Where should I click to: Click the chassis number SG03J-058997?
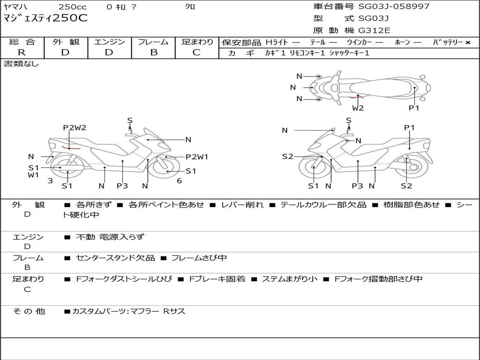(394, 7)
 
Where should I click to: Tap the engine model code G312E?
(374, 30)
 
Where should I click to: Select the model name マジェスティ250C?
(45, 19)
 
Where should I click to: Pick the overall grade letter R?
(22, 52)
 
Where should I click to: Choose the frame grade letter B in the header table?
(153, 52)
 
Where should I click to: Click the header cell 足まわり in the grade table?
(197, 42)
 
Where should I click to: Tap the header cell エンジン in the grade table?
(109, 42)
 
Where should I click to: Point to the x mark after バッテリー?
(467, 43)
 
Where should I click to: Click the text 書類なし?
(21, 64)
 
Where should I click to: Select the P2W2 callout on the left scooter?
(75, 127)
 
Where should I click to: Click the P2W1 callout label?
(197, 157)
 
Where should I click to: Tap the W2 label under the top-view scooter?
(358, 108)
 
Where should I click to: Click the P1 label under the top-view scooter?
(413, 108)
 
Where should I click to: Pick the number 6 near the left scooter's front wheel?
(179, 181)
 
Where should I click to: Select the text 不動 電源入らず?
(110, 237)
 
